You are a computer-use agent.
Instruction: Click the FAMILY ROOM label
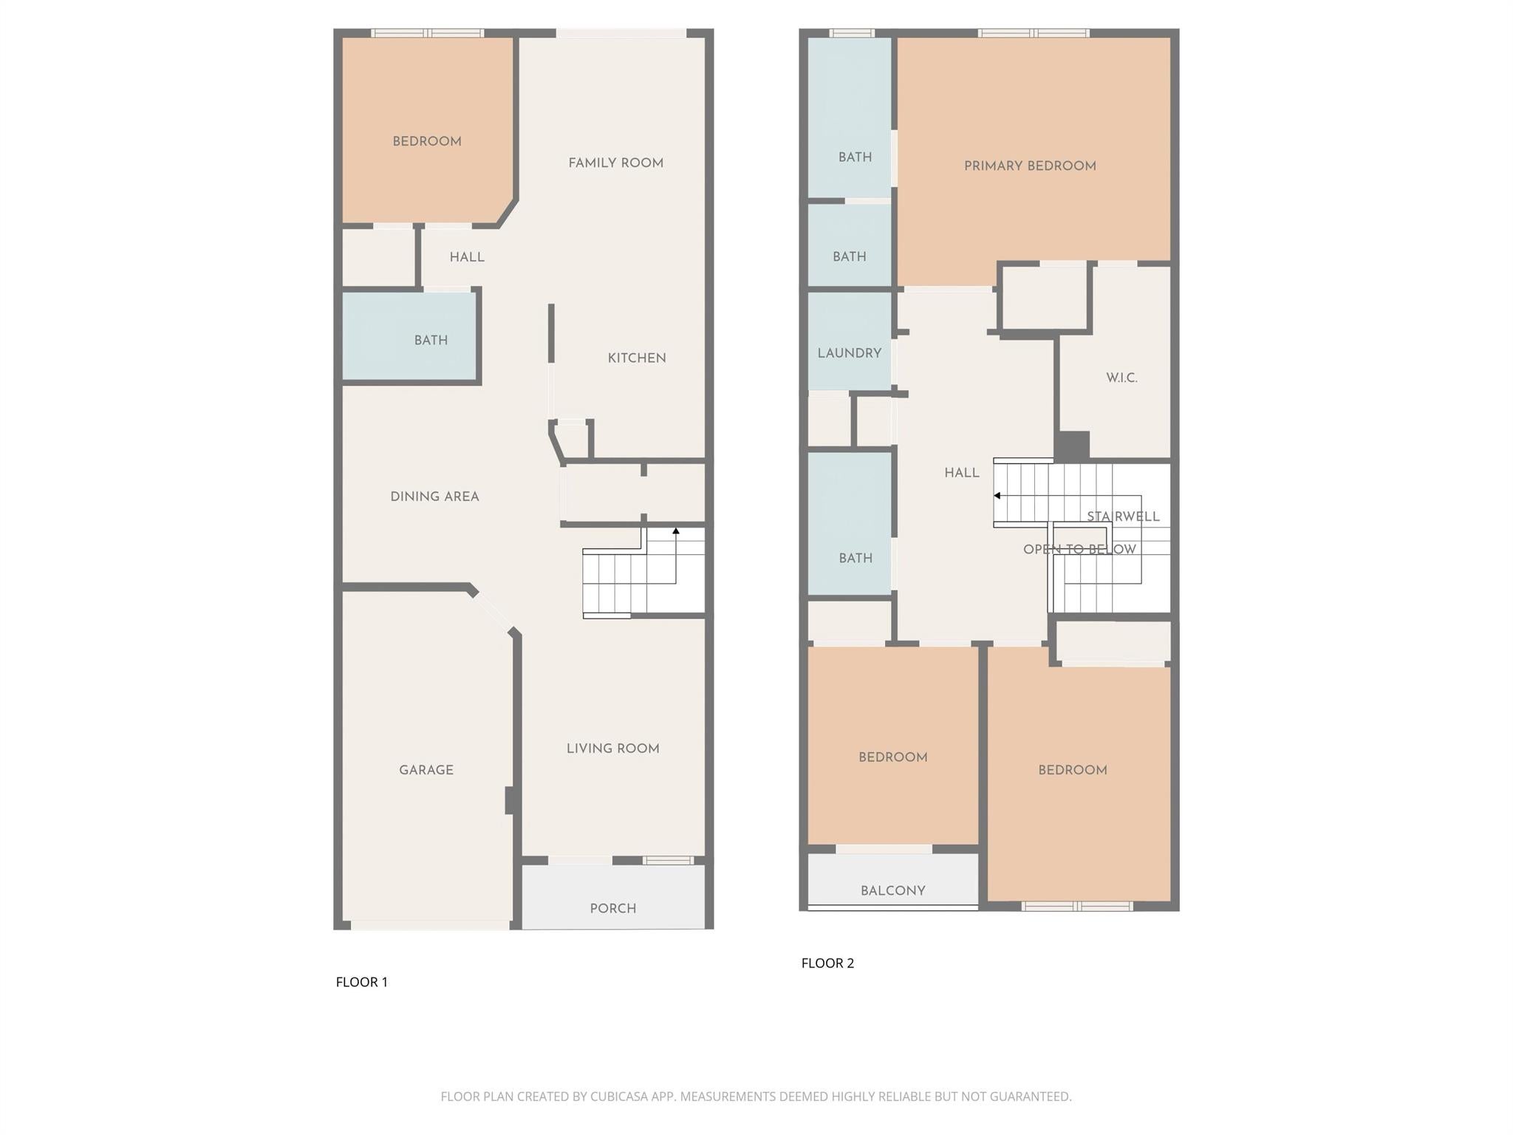pyautogui.click(x=615, y=163)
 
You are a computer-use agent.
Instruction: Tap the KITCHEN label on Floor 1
pyautogui.click(x=637, y=358)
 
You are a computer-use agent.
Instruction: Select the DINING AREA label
pyautogui.click(x=434, y=497)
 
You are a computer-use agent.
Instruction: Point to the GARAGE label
pyautogui.click(x=426, y=770)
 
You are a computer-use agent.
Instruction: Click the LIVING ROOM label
pyautogui.click(x=612, y=749)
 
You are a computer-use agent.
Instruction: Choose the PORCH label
pyautogui.click(x=612, y=909)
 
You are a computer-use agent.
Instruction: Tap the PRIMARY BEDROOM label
pyautogui.click(x=1030, y=166)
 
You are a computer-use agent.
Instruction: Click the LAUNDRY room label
pyautogui.click(x=849, y=353)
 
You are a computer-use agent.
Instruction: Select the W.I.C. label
pyautogui.click(x=1121, y=378)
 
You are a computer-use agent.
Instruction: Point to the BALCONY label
pyautogui.click(x=892, y=891)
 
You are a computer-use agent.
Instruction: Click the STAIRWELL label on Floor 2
pyautogui.click(x=1123, y=517)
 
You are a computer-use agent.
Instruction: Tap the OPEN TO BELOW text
pyautogui.click(x=1079, y=549)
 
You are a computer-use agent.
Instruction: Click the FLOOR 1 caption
pyautogui.click(x=361, y=982)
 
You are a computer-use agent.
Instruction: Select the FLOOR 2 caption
pyautogui.click(x=827, y=963)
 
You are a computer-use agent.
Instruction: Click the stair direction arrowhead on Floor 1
pyautogui.click(x=675, y=531)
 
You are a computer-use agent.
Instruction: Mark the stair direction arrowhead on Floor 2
pyautogui.click(x=997, y=496)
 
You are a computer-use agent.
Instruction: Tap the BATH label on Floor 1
pyautogui.click(x=431, y=341)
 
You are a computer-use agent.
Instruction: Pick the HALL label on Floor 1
pyautogui.click(x=467, y=257)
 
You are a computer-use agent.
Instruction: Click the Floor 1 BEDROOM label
pyautogui.click(x=426, y=142)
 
